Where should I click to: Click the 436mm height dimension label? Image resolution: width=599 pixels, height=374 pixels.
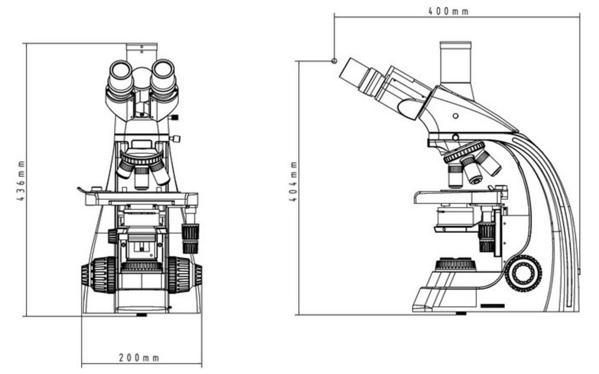point(21,181)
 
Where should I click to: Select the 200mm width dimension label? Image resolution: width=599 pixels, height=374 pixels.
point(139,358)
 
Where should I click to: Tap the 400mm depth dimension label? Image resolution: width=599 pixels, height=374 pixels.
point(449,11)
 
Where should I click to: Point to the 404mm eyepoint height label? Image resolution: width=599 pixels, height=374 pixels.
point(293,181)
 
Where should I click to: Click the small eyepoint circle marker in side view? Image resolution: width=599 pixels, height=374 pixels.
point(334,61)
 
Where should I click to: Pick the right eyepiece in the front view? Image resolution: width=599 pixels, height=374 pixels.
point(163,73)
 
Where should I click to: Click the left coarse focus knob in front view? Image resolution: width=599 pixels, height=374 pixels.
point(99,275)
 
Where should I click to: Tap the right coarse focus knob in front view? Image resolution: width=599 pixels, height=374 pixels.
point(184,275)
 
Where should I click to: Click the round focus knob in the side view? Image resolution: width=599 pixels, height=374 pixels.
point(523,273)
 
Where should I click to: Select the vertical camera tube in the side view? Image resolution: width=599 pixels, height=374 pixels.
point(455,63)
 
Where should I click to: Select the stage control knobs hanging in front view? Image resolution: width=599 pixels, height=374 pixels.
point(190,237)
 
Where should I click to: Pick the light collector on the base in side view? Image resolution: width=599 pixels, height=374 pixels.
point(455,265)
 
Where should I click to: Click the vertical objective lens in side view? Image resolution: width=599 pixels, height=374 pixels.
point(455,176)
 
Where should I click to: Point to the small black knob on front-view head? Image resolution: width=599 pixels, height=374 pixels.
point(175,117)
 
